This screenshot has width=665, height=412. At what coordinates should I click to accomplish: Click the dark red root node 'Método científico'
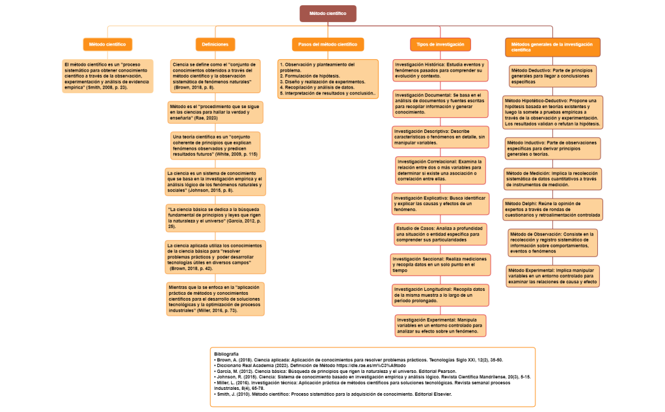coord(328,13)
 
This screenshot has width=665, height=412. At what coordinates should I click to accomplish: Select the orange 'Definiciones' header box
coord(215,44)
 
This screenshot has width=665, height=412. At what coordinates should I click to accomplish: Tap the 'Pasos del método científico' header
coord(327,44)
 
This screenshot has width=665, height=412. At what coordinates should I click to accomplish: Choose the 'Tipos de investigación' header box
coord(441,44)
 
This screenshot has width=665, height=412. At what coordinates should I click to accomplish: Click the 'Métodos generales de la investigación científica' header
coord(552,47)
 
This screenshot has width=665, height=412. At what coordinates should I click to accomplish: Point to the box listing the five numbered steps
coord(327,78)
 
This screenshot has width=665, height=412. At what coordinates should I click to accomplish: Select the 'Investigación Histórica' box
coord(441,70)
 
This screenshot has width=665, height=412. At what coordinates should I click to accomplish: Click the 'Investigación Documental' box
coord(441,103)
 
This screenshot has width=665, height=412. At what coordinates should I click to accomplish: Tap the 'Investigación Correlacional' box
coord(441,170)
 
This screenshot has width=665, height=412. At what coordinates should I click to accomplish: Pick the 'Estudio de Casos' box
coord(441,234)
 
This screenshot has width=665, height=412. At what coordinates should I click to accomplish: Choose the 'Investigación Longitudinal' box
coord(441,295)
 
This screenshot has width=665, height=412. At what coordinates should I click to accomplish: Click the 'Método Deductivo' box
coord(552,76)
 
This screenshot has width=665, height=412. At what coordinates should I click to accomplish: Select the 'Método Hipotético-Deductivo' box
coord(552,112)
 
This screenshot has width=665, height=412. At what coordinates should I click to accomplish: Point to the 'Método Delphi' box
coord(552,209)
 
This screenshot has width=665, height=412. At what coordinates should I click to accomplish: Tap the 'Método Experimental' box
coord(552,276)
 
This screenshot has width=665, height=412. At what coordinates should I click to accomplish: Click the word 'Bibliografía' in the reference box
coord(226,353)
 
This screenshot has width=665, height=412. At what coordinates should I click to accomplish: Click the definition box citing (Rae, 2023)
coord(215,112)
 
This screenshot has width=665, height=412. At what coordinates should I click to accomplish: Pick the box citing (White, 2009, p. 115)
coord(215,145)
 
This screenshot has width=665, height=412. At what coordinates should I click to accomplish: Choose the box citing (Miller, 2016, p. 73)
coord(215,299)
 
